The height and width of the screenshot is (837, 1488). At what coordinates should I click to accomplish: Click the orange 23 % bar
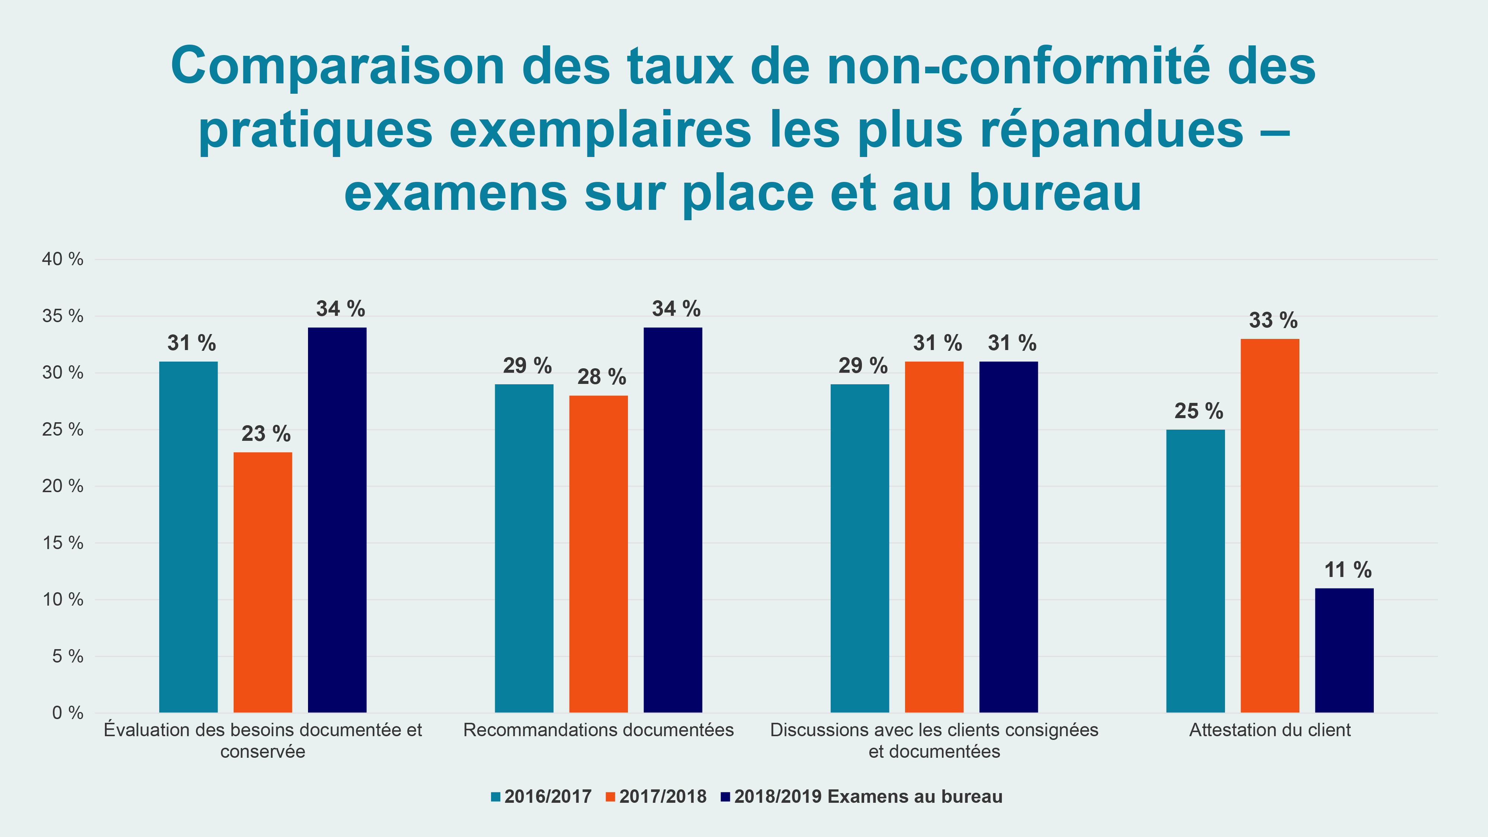coord(263,582)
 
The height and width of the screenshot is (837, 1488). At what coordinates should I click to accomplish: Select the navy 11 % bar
coord(1344,650)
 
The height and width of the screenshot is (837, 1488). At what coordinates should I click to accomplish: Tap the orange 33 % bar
coord(1270,526)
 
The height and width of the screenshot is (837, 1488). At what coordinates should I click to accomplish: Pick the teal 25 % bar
coord(1195,571)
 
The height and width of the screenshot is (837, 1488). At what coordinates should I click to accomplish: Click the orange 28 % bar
coord(599,554)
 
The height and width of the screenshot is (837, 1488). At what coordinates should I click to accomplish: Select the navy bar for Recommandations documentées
coord(673,520)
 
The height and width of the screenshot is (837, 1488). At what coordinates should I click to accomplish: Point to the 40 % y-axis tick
coord(62,259)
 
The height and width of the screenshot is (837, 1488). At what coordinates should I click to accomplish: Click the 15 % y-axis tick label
coord(62,543)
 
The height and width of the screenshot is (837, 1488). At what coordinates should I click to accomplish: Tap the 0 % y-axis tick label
coord(68,713)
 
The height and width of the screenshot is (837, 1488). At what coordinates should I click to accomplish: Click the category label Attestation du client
coord(1270,730)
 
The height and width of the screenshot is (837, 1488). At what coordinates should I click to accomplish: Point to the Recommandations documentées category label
coord(599,730)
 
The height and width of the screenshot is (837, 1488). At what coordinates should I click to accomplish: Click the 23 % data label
coord(266,434)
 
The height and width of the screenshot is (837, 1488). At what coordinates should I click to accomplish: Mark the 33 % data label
coord(1273,320)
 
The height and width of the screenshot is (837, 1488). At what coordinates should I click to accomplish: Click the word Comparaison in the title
coord(338,67)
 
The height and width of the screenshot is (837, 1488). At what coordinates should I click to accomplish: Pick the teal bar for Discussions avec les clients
coord(860,548)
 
